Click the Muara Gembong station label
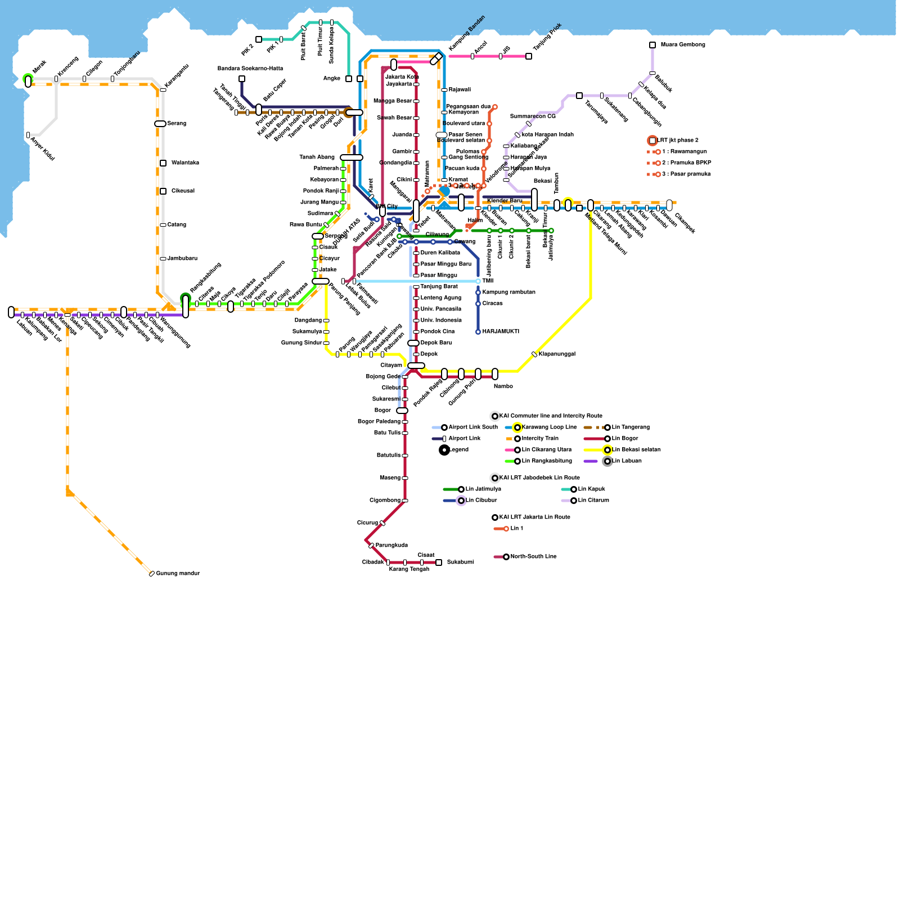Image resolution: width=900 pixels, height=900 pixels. point(682,45)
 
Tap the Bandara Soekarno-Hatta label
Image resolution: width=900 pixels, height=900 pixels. point(250,69)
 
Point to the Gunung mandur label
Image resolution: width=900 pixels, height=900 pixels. point(178,574)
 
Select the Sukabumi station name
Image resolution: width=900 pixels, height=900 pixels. point(460,562)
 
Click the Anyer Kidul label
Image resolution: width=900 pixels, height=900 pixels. point(43,148)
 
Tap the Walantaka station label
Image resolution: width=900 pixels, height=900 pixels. point(185,163)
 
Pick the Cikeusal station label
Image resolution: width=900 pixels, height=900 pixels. point(183,191)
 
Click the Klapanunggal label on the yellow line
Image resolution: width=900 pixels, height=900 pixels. point(556,354)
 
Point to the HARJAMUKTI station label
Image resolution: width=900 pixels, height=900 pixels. point(501,332)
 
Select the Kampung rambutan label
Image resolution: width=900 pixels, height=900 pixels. point(508,292)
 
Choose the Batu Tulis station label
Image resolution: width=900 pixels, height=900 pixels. point(387,433)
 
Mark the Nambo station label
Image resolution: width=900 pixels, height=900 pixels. point(503,386)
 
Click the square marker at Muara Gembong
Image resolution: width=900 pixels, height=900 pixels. point(652,45)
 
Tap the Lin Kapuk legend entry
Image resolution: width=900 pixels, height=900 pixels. point(591,489)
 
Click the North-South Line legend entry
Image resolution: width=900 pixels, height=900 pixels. point(533,557)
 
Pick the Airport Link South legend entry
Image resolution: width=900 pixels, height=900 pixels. point(472,427)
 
